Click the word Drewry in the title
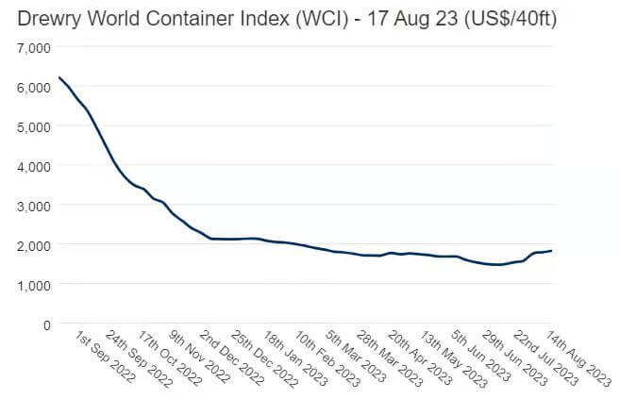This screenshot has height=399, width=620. pos(48,18)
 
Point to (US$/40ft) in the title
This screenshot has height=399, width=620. pos(506,18)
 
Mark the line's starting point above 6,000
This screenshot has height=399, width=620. pos(59,77)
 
